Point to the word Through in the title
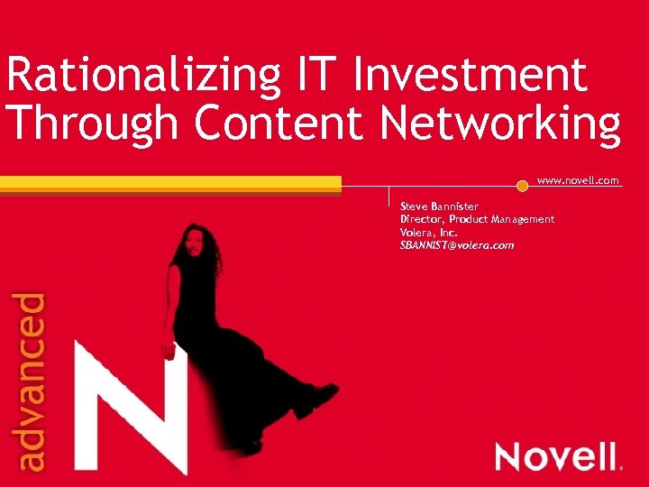click(x=95, y=124)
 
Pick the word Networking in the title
click(x=500, y=125)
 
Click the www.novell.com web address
click(x=578, y=180)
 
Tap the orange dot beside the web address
click(x=522, y=186)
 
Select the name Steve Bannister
click(x=439, y=207)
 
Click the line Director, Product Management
click(x=477, y=219)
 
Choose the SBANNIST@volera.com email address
click(x=457, y=245)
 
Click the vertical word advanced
click(x=32, y=381)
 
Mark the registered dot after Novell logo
click(x=621, y=467)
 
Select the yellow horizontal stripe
click(x=171, y=183)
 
